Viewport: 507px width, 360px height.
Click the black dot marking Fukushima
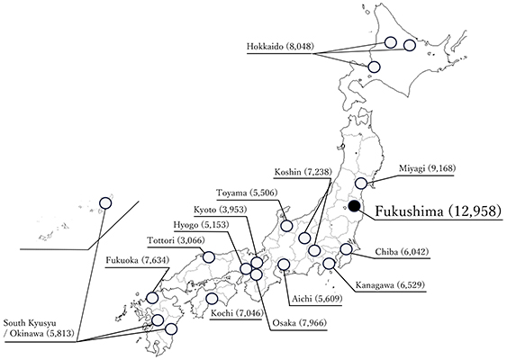354,206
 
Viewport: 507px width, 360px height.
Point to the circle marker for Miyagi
361,184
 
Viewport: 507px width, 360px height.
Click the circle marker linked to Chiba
346,249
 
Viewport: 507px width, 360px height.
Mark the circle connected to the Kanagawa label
330,264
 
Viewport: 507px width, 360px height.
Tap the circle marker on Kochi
212,298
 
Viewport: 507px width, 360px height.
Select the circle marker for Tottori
209,256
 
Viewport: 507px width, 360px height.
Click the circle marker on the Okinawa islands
105,203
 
